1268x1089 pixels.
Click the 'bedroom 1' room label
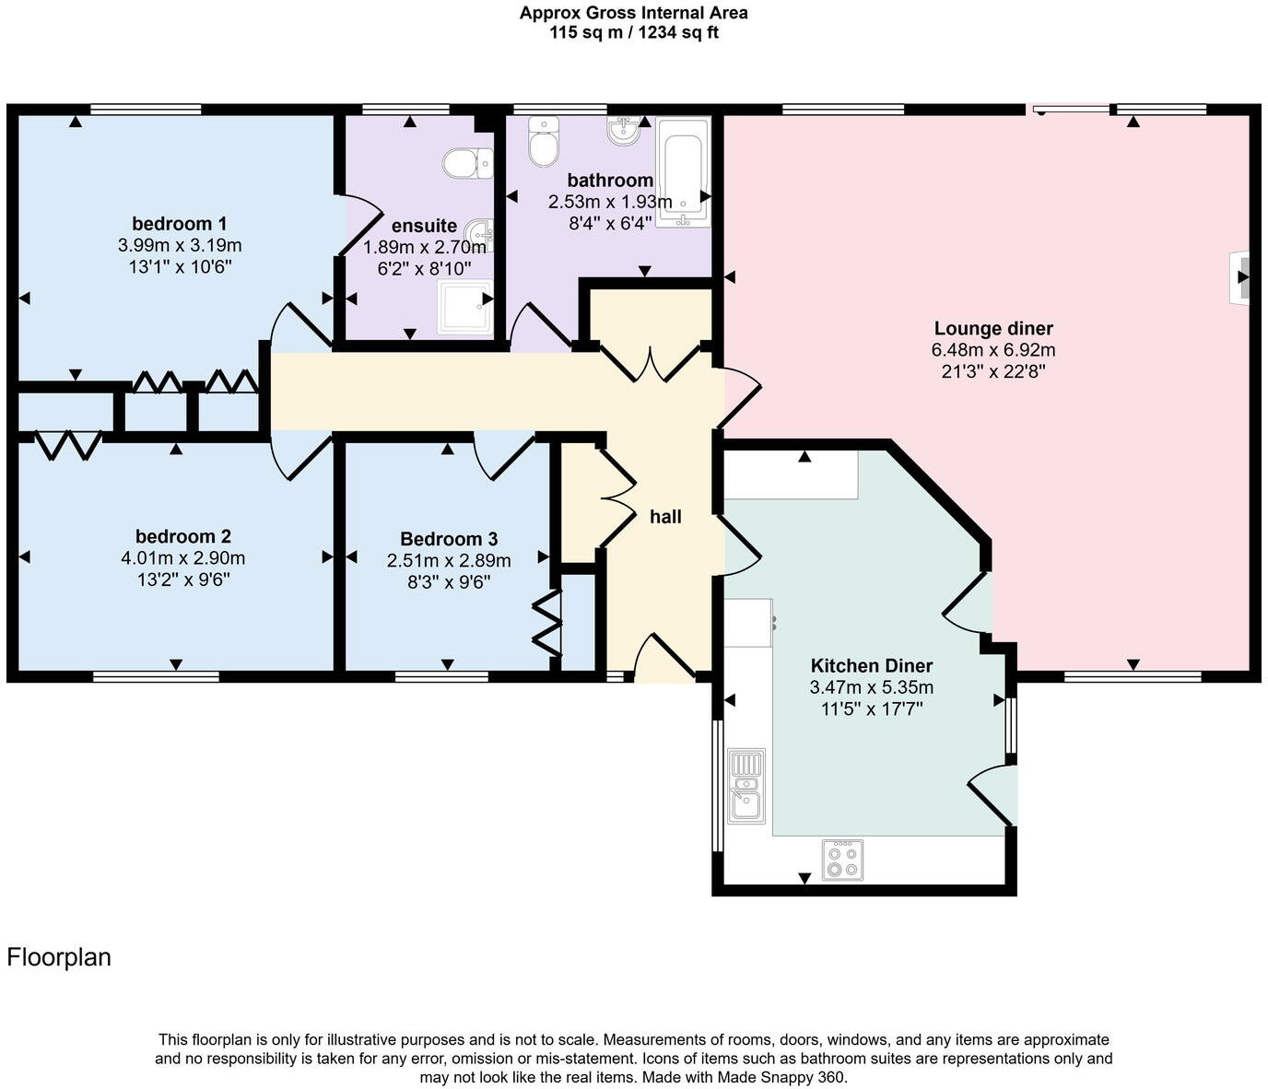(x=179, y=224)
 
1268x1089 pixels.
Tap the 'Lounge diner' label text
(x=992, y=329)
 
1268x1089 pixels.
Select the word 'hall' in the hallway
(x=665, y=517)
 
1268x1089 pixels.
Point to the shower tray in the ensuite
(x=465, y=307)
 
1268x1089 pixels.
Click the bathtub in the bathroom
(x=683, y=171)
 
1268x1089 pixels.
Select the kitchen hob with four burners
(x=842, y=859)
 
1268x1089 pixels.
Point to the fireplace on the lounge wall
(x=1240, y=276)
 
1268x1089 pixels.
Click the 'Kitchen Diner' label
(x=871, y=666)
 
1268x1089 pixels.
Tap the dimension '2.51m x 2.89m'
(x=448, y=561)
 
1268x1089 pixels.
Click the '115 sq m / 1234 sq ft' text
(x=633, y=33)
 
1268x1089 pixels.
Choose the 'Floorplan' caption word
(x=59, y=957)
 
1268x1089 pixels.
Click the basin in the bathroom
(x=624, y=131)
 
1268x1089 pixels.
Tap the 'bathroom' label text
(x=610, y=181)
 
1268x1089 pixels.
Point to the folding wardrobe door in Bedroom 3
(x=547, y=624)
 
